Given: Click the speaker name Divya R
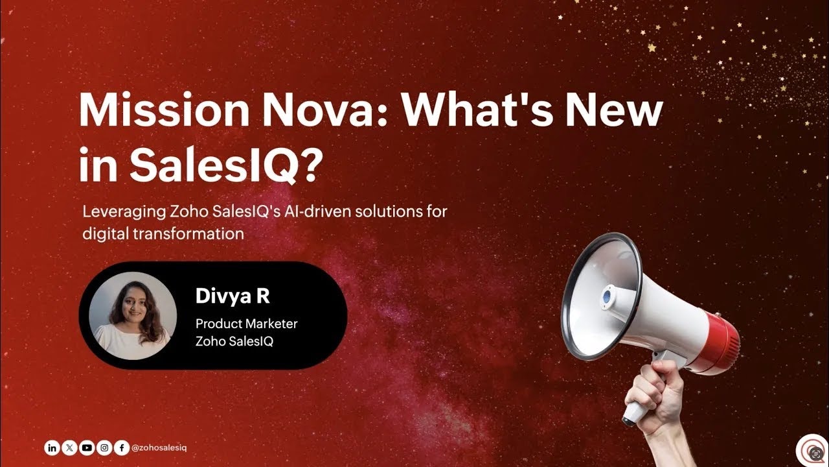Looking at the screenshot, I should click(233, 296).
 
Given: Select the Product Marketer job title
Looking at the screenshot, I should click(247, 323).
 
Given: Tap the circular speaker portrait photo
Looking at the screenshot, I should click(133, 316).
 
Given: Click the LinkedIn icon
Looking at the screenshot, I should click(52, 448).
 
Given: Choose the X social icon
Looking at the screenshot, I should click(69, 448).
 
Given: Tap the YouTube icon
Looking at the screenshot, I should click(87, 448).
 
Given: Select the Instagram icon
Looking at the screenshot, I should click(104, 448).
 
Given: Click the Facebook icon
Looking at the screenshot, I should click(122, 448).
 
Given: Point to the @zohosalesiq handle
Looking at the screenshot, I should click(159, 448).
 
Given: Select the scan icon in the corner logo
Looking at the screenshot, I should click(817, 452).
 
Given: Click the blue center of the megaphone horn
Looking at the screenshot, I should click(607, 296).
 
